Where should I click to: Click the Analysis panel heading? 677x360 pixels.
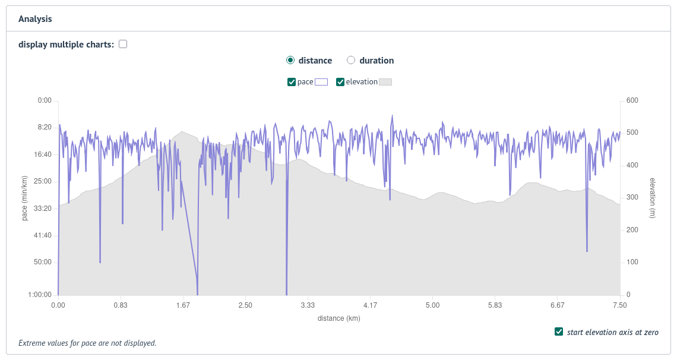click(35, 19)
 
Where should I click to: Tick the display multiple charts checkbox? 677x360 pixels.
click(123, 44)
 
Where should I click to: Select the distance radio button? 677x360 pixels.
click(290, 60)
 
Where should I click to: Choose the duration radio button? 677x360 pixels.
click(351, 60)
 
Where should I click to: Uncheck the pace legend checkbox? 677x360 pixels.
click(292, 82)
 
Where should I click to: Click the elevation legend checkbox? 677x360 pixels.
click(340, 82)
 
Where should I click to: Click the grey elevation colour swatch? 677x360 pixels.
click(385, 82)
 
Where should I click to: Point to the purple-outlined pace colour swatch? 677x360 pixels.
click(321, 82)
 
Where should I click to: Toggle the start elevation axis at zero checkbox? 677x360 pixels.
click(559, 331)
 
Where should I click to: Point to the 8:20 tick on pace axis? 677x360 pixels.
click(45, 128)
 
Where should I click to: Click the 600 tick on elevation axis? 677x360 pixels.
click(632, 100)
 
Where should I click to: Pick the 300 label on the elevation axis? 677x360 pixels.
click(632, 198)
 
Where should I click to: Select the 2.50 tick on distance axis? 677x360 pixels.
click(245, 305)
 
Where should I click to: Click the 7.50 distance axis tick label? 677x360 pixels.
click(619, 305)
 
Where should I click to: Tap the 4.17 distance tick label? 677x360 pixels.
click(370, 305)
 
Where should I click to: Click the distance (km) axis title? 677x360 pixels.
click(338, 318)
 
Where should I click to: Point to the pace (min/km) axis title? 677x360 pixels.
click(25, 198)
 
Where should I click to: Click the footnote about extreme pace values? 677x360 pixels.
click(87, 343)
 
